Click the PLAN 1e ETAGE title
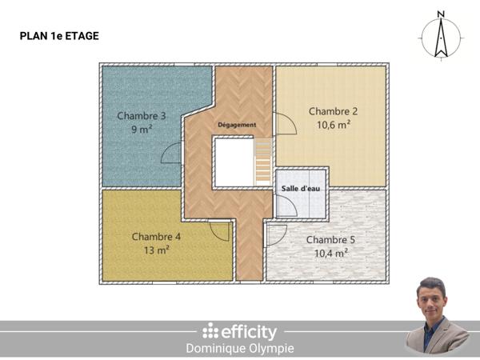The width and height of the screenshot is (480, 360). (x=58, y=36)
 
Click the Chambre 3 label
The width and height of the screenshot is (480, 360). (x=142, y=115)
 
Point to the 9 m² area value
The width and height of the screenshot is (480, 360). (x=142, y=129)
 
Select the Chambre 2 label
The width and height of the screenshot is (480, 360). (x=333, y=111)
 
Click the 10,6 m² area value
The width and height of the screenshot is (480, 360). (x=333, y=125)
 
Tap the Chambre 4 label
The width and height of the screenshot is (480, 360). (x=156, y=237)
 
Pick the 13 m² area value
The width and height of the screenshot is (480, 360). (x=156, y=250)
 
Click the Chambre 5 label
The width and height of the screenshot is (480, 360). (x=330, y=240)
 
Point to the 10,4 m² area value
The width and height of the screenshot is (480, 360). (x=330, y=254)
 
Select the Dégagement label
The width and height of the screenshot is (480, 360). (x=237, y=126)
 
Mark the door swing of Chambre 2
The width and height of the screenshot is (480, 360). (x=284, y=125)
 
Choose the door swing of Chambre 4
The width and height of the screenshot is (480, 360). (x=220, y=231)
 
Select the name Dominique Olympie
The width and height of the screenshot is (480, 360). (x=239, y=349)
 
